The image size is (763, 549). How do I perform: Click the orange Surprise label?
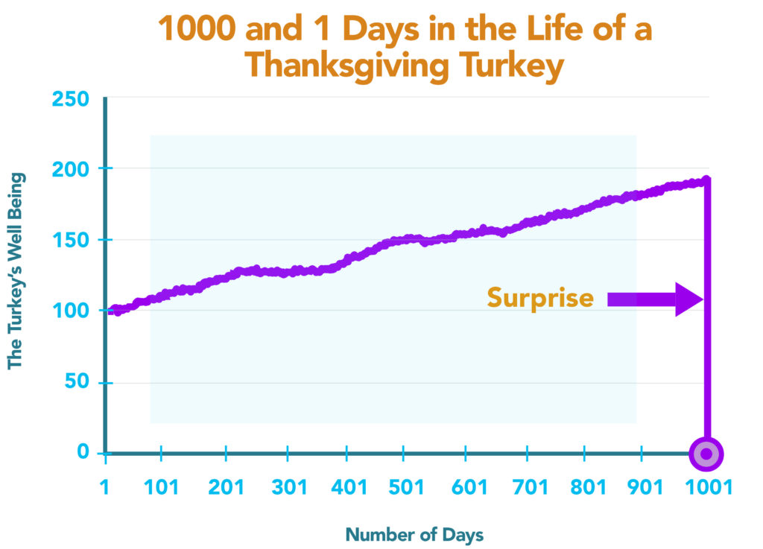point(540,298)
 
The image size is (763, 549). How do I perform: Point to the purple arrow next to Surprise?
point(654,299)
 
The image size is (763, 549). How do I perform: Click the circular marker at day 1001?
point(706,454)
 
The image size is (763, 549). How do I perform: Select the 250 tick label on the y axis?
point(70,100)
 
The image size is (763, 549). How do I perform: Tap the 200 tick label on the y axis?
point(70,169)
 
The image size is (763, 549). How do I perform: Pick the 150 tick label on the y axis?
point(70,241)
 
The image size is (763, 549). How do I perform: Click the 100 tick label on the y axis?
point(70,311)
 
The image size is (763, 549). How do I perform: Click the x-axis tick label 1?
point(105,488)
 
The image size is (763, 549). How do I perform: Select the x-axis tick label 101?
point(161,488)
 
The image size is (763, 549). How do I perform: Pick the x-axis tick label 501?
point(406,488)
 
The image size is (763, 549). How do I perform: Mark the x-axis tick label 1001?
point(709,488)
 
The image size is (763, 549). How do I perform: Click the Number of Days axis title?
point(414,534)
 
